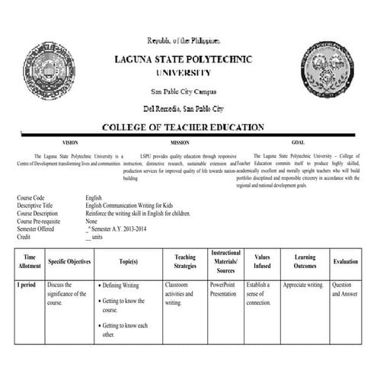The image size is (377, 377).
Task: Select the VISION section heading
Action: pyautogui.click(x=69, y=142)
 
